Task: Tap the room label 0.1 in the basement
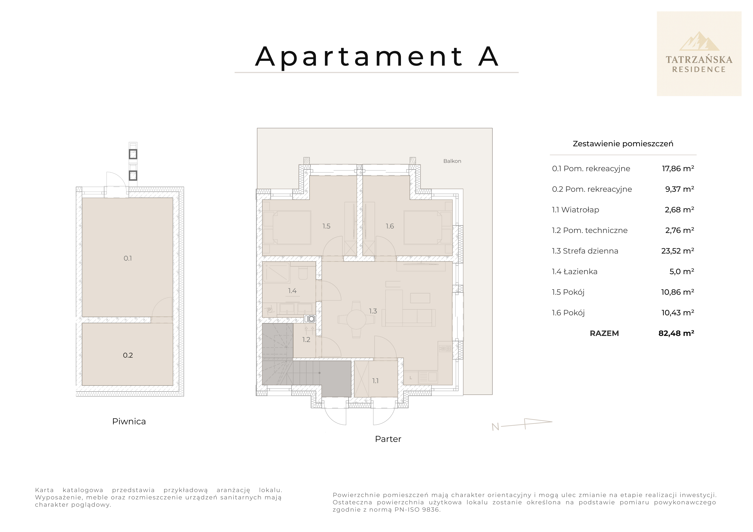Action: [128, 258]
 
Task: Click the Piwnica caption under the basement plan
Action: [129, 422]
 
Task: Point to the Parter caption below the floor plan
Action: [388, 439]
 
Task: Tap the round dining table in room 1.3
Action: [356, 319]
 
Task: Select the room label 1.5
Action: [326, 226]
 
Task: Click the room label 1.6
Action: [390, 226]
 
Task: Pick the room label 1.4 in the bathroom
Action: [292, 291]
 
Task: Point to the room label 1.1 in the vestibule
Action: [375, 381]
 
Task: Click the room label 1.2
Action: [306, 340]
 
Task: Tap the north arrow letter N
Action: [495, 427]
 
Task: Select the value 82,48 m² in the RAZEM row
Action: [676, 333]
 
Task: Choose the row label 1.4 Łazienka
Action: [575, 272]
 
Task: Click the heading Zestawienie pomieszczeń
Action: [623, 144]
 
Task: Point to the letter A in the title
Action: [488, 56]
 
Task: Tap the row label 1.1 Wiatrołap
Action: [575, 210]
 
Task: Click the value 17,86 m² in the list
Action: [678, 169]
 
